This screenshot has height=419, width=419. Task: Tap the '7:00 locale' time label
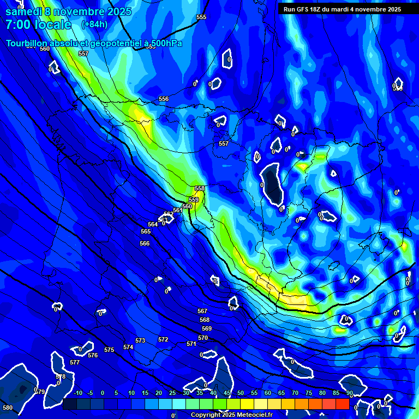(38, 25)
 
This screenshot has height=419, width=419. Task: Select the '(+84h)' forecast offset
(94, 25)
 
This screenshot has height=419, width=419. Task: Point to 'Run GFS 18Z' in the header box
(303, 9)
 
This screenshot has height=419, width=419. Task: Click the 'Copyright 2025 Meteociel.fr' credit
(231, 415)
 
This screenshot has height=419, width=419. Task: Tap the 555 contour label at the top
(201, 17)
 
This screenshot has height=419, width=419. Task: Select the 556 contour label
(164, 99)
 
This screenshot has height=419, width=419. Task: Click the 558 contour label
(200, 188)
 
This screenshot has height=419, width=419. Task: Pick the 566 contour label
(145, 243)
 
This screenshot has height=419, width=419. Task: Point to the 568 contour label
(205, 320)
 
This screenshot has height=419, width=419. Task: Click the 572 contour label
(163, 339)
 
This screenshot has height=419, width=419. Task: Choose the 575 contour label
(109, 350)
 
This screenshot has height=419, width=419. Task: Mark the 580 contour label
(8, 408)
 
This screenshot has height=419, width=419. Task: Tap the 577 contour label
(75, 362)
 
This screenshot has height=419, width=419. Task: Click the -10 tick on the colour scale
(77, 393)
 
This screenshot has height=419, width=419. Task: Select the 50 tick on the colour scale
(241, 393)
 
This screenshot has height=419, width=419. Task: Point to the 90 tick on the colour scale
(349, 393)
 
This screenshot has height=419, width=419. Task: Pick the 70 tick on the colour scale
(295, 393)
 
